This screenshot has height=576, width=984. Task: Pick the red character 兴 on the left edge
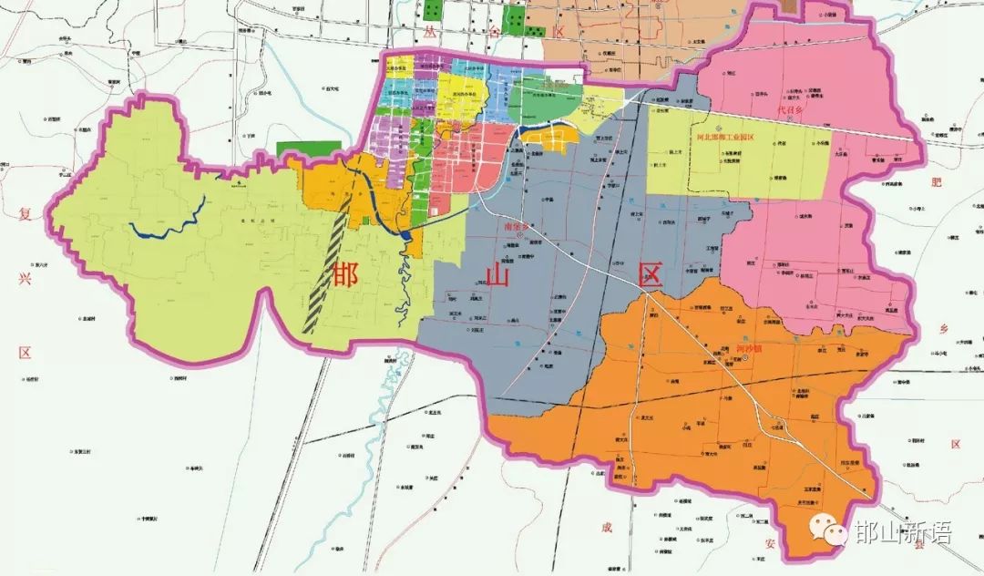click(25, 280)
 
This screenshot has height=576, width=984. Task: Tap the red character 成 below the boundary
click(606, 527)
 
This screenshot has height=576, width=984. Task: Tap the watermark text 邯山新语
click(902, 533)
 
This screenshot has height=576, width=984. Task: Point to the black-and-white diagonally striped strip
click(326, 273)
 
